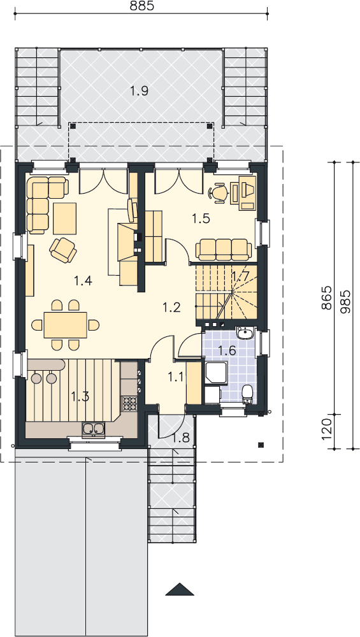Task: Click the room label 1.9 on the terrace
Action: [x=139, y=91]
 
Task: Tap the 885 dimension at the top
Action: [x=141, y=6]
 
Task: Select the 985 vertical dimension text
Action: [x=346, y=302]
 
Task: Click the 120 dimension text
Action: [x=326, y=431]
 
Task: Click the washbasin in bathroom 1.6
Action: [x=245, y=334]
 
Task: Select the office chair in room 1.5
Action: [x=219, y=192]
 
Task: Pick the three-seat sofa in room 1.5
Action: [x=224, y=249]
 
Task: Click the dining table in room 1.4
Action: [x=66, y=325]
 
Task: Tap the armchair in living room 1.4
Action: [x=63, y=250]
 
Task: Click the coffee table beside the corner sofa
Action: [x=64, y=218]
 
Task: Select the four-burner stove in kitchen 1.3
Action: [x=130, y=403]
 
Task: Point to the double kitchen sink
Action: [x=94, y=429]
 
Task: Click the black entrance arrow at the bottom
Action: [x=180, y=589]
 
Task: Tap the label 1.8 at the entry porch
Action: [x=181, y=438]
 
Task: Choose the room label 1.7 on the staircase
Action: [x=240, y=276]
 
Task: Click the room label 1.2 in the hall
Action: [x=171, y=308]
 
